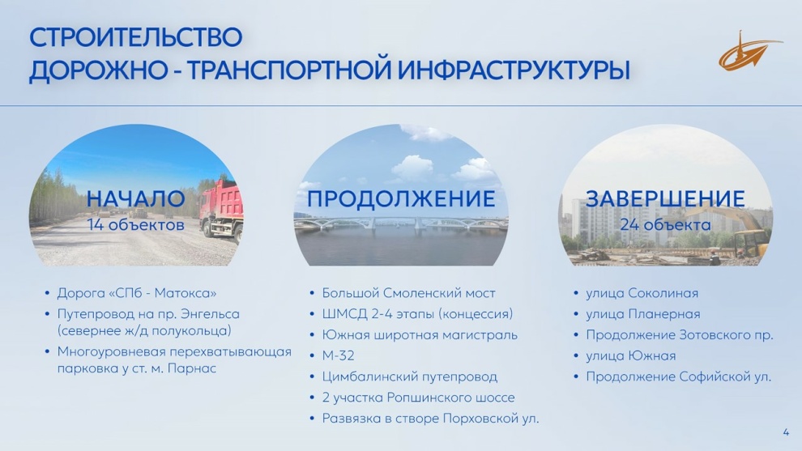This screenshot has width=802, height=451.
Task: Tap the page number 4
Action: click(x=786, y=432)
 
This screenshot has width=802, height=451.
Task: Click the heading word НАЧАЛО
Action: click(x=135, y=199)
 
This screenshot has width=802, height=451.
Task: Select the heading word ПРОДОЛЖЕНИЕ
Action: click(x=401, y=199)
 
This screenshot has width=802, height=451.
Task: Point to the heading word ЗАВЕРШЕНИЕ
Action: click(x=665, y=199)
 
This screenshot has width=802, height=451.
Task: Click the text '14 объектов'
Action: click(x=135, y=224)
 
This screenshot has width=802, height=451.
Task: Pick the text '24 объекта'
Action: click(x=665, y=224)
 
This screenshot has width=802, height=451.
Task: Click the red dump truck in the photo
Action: click(x=222, y=210)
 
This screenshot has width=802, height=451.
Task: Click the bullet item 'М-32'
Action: click(x=338, y=355)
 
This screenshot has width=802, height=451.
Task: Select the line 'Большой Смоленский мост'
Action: click(x=408, y=293)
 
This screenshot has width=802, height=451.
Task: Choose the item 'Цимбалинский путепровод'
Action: click(x=410, y=377)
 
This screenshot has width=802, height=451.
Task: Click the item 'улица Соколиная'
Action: click(x=642, y=293)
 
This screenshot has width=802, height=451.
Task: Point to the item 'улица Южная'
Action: click(x=630, y=356)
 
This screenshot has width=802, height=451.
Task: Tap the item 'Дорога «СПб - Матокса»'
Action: click(x=137, y=293)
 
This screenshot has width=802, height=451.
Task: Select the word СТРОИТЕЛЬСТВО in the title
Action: click(x=135, y=37)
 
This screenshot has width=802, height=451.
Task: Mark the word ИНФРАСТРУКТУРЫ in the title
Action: click(x=514, y=70)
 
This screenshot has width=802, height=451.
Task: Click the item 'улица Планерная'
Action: click(x=643, y=314)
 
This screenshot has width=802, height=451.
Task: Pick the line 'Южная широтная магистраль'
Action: click(x=420, y=335)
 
